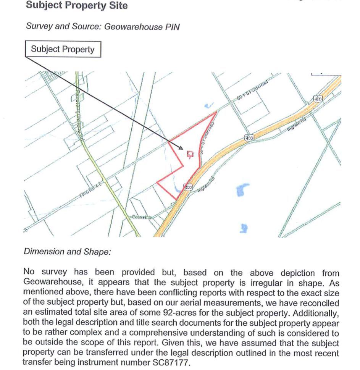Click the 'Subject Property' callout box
pyautogui.click(x=63, y=49)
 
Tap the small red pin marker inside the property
pyautogui.click(x=190, y=154)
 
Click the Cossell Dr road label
pyautogui.click(x=142, y=217)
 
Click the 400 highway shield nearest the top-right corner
pyautogui.click(x=318, y=99)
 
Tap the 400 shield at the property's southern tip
pyautogui.click(x=187, y=187)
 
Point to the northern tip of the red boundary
pyautogui.click(x=217, y=111)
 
